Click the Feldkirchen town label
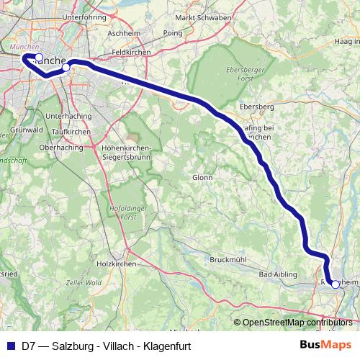point(130,53)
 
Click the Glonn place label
point(202,176)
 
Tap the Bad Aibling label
point(275,274)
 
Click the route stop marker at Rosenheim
point(335,284)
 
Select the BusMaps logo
point(326,345)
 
